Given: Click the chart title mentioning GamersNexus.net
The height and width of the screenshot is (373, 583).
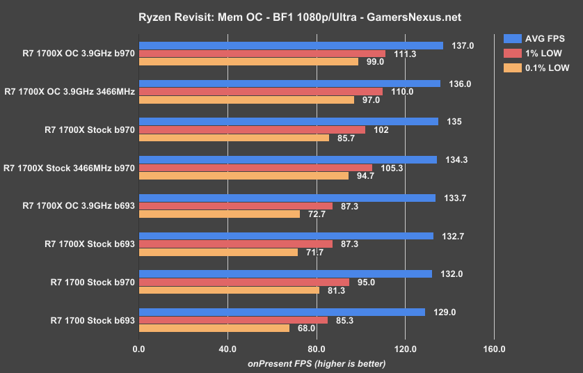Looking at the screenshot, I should pos(291,16).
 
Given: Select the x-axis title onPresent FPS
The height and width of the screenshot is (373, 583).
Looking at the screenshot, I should pos(316,363).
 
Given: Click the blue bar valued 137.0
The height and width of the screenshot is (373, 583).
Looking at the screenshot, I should pos(291,45).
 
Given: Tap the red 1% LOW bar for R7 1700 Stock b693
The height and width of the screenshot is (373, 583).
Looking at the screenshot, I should pos(233,320).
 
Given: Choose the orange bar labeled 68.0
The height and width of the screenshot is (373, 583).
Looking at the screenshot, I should pos(214,328).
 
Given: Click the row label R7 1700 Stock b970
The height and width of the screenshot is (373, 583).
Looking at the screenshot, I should pos(93,282).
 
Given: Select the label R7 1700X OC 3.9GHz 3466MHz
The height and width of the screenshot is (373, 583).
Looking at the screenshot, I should pos(69,91).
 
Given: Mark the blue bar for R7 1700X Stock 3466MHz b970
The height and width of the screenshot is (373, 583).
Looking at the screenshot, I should pos(288,159).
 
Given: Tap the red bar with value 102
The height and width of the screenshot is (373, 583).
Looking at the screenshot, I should pos(252,129).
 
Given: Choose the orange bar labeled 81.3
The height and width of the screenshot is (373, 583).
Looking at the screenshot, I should pos(229,289).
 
